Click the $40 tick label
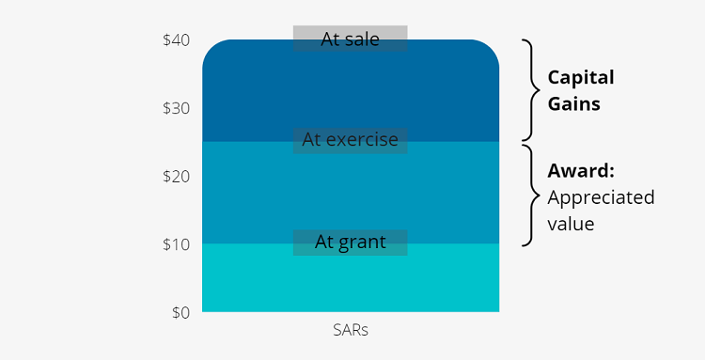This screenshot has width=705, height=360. point(176,40)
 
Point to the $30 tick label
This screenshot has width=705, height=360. point(176,108)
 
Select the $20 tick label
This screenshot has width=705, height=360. point(176,176)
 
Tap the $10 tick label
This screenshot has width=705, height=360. point(176,244)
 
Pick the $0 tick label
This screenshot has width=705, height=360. point(180,312)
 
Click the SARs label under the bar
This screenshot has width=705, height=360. point(350,331)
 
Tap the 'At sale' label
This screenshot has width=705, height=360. point(350,39)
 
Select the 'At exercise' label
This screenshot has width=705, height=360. point(350,140)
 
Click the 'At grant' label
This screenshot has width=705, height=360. point(350,242)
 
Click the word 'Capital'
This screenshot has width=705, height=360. point(581,77)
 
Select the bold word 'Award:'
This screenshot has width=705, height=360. point(581,172)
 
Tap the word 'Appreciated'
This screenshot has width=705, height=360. point(601,198)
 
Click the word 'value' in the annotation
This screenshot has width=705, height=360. point(571,226)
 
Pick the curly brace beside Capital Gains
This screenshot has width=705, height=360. point(531,90)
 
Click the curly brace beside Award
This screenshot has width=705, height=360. point(531,195)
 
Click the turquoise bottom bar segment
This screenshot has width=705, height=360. point(350,280)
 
